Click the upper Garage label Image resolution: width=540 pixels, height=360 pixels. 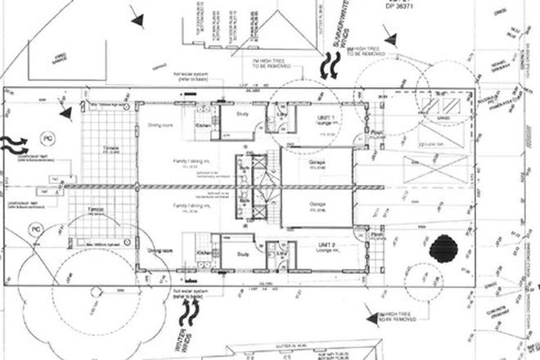click(x=317, y=164)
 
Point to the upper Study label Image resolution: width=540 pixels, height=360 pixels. click(x=243, y=115)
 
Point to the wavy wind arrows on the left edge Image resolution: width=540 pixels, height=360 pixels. click(x=13, y=145)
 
